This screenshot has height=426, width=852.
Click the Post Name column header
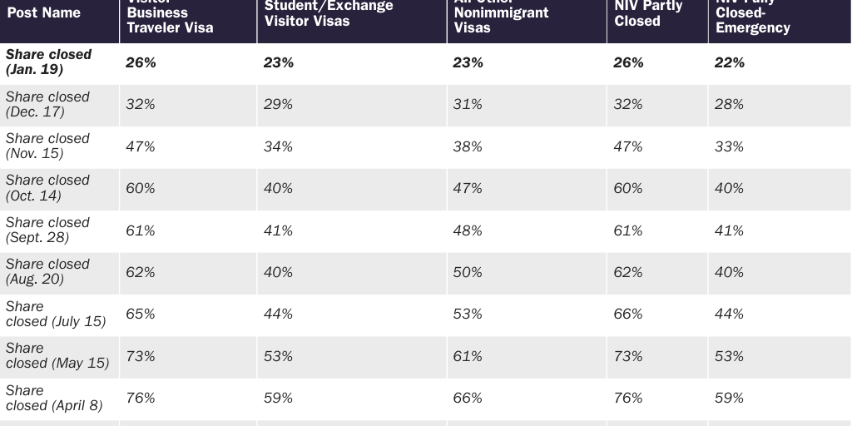pyautogui.click(x=44, y=13)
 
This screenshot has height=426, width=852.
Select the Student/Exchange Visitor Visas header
pyautogui.click(x=329, y=13)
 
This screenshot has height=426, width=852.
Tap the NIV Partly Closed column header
pyautogui.click(x=647, y=13)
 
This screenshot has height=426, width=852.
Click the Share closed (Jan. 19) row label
pyautogui.click(x=49, y=62)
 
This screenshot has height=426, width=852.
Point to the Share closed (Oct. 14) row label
pyautogui.click(x=47, y=188)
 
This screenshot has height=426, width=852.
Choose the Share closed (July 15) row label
pyautogui.click(x=56, y=314)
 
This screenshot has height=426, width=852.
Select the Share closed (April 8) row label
pyautogui.click(x=54, y=398)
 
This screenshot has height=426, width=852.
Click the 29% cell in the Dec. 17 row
pyautogui.click(x=279, y=105)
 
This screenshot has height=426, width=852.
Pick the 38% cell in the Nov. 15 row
pyautogui.click(x=468, y=146)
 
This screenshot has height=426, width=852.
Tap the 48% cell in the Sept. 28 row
pyautogui.click(x=468, y=230)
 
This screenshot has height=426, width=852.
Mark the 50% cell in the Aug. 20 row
pyautogui.click(x=468, y=272)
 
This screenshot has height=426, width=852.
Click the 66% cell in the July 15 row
pyautogui.click(x=628, y=314)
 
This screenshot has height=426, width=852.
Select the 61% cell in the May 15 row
pyautogui.click(x=468, y=356)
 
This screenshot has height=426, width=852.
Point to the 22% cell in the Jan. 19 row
pyautogui.click(x=730, y=62)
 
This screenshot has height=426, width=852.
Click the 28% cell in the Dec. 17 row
pyautogui.click(x=730, y=105)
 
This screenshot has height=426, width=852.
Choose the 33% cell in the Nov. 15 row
pyautogui.click(x=730, y=146)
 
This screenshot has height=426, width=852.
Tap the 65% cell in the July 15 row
pyautogui.click(x=141, y=314)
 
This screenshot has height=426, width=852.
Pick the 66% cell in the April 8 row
pyautogui.click(x=468, y=398)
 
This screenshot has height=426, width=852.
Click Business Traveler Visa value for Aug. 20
pyautogui.click(x=141, y=272)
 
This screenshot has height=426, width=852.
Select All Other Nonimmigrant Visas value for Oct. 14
pyautogui.click(x=468, y=188)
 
